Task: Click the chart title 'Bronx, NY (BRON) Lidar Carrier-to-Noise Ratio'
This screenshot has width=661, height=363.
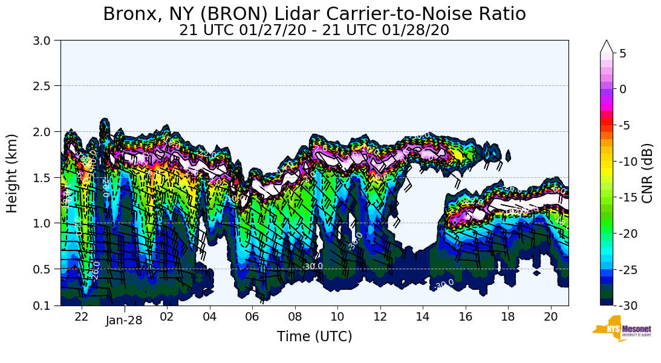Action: pyautogui.click(x=314, y=13)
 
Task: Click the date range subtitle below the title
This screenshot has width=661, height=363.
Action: pyautogui.click(x=314, y=30)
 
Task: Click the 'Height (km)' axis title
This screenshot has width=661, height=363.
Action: pyautogui.click(x=13, y=173)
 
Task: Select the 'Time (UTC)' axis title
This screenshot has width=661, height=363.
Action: pyautogui.click(x=314, y=336)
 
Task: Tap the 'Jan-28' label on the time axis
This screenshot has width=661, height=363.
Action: pyautogui.click(x=124, y=320)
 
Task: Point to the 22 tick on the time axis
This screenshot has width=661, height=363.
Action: pyautogui.click(x=82, y=316)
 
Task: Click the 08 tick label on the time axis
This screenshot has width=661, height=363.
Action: pyautogui.click(x=295, y=316)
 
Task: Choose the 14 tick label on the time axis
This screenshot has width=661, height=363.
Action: pyautogui.click(x=422, y=316)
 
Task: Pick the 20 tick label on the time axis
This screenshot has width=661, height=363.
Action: pyautogui.click(x=550, y=316)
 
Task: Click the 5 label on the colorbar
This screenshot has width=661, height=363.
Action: pyautogui.click(x=623, y=53)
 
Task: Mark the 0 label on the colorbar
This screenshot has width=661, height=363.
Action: pyautogui.click(x=623, y=89)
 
